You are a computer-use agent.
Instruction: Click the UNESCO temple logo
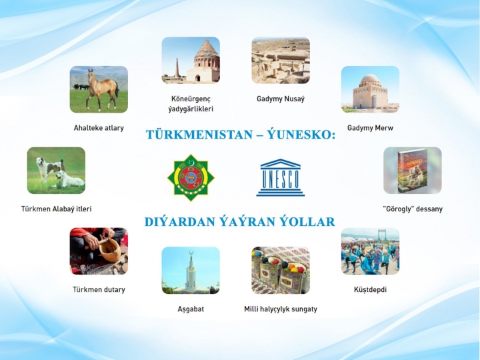[281, 177]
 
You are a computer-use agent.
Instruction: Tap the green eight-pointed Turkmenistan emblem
[191, 177]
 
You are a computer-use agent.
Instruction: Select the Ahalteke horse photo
[99, 89]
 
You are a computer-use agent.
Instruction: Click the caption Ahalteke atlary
[99, 128]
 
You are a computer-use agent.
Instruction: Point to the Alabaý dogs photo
[56, 171]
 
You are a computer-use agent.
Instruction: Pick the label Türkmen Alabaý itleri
[56, 209]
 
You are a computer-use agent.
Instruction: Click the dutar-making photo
[99, 251]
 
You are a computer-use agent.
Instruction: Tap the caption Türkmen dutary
[99, 289]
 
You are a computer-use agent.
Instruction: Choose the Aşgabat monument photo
[191, 270]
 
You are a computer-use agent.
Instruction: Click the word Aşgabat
[191, 309]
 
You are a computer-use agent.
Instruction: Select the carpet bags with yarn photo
[281, 270]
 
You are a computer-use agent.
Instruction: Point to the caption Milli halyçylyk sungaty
[281, 309]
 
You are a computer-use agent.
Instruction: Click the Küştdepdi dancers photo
[371, 251]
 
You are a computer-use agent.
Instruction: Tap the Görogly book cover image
[413, 171]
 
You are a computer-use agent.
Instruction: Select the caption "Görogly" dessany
[413, 209]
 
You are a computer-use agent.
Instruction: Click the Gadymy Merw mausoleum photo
[371, 89]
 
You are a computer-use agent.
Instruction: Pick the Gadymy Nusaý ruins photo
[281, 60]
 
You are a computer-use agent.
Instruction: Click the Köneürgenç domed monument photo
[191, 60]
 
